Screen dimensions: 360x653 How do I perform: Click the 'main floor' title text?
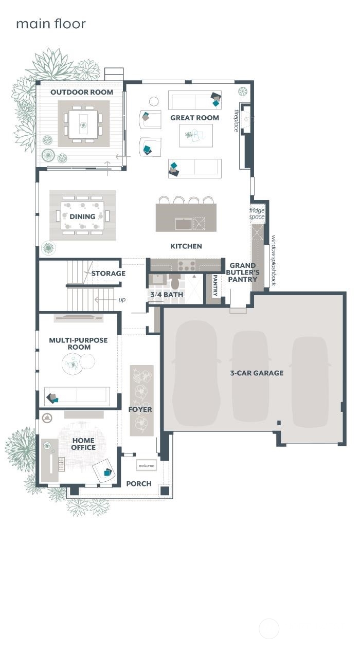tap(51, 24)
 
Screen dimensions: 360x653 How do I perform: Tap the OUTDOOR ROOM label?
tap(82, 92)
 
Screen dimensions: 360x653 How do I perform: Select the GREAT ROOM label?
tap(194, 118)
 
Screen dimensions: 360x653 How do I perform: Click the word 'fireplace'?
tap(237, 121)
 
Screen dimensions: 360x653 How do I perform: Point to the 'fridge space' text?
tap(257, 214)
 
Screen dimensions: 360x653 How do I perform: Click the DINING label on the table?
tap(82, 216)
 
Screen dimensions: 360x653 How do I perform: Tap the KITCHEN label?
tap(186, 246)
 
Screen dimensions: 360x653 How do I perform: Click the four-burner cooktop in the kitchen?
tap(187, 265)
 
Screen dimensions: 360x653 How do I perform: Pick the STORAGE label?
tap(109, 274)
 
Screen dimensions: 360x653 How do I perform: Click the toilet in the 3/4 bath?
tap(175, 282)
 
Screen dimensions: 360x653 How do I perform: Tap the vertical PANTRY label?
tap(215, 285)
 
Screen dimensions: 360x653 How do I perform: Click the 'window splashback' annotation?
tap(273, 261)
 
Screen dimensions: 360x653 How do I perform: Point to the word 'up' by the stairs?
tap(122, 300)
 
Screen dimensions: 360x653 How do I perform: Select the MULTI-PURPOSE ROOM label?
tap(78, 343)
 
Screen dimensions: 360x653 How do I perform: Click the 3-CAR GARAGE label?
tap(257, 373)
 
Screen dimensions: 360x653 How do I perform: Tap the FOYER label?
tap(140, 410)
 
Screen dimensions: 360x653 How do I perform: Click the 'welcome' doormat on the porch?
tap(147, 465)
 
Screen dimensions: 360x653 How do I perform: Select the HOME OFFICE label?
tap(83, 444)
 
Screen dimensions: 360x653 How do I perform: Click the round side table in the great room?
tap(154, 101)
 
